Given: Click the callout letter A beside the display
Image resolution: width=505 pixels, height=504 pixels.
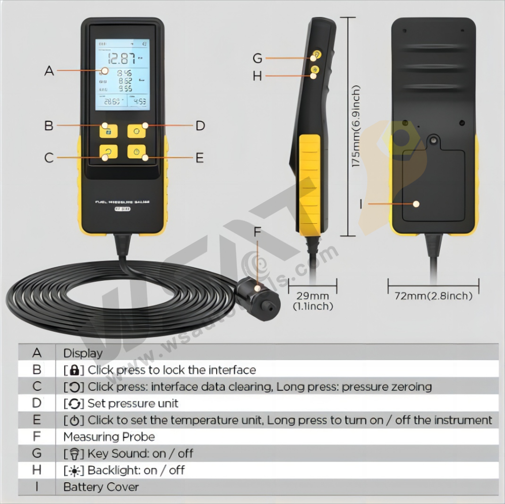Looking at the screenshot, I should pos(49,71).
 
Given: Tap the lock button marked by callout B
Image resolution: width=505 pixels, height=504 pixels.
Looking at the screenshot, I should pos(108,132).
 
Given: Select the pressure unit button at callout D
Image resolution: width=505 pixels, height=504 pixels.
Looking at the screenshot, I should pos(136,132).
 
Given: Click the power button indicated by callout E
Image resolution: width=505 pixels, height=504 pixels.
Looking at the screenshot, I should pos(136,152).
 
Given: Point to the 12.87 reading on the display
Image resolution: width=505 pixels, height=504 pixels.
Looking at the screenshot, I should pos(121,58).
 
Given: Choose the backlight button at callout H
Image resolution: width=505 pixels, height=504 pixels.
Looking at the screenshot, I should pos(315,70).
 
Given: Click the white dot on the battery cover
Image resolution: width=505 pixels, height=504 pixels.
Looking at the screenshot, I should pos(416,204).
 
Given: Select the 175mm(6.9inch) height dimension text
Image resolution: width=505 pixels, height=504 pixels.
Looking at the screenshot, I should pos(357,126).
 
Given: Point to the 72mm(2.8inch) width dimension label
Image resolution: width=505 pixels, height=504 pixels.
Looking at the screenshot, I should pos(433,296).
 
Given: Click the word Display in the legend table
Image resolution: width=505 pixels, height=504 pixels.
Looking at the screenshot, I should pos(83,354).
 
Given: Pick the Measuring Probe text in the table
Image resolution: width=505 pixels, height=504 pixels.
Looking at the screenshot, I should pos(109,437).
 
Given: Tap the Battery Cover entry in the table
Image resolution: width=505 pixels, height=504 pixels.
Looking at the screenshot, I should pos(101,487).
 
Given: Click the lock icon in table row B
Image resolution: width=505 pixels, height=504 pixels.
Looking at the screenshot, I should pos(74,370).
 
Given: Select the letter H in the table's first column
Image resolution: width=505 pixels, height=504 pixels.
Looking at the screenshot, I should pos(37,470).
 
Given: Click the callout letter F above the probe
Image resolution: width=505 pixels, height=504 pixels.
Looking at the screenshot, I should pos(258,233).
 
